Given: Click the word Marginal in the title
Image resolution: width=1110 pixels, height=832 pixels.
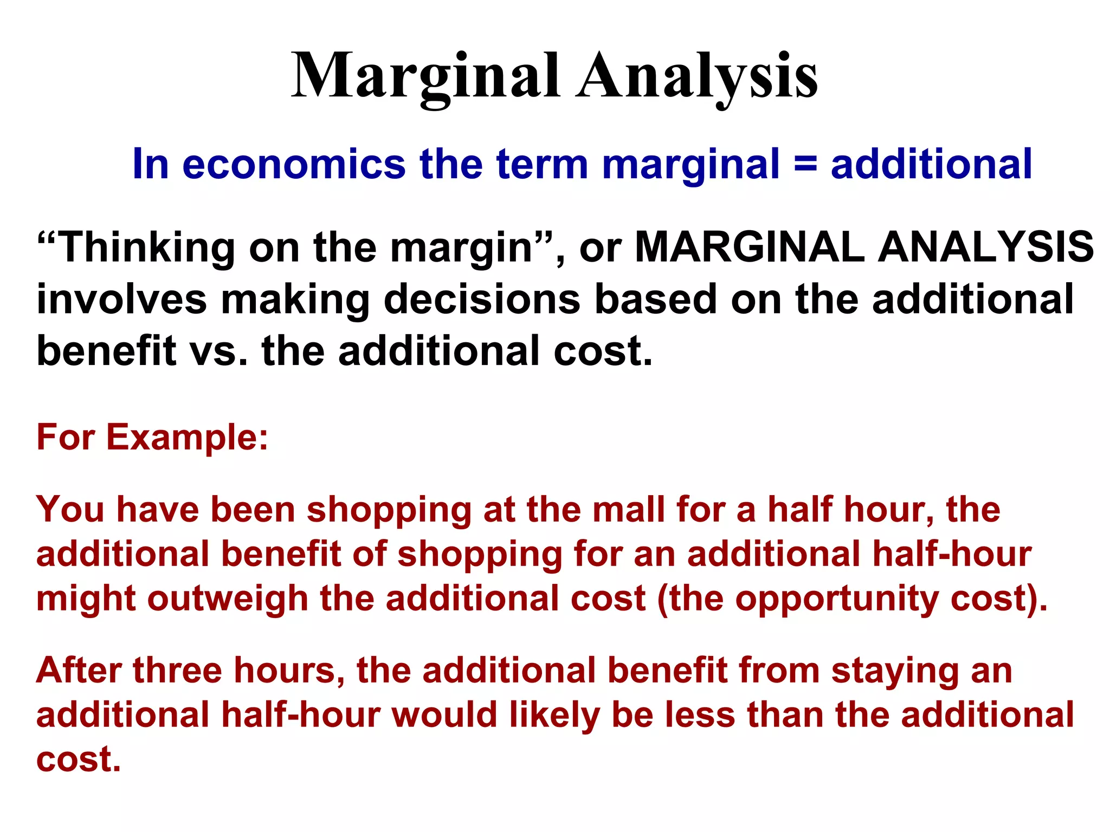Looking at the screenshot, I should click(x=425, y=76).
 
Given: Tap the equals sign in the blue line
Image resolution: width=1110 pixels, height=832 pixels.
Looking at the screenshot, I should click(x=805, y=164).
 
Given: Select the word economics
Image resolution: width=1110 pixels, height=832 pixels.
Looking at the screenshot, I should click(x=294, y=164).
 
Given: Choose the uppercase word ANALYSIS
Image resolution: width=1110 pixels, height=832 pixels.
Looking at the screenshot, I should click(x=986, y=248).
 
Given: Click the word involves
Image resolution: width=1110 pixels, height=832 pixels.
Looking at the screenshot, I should click(x=121, y=299).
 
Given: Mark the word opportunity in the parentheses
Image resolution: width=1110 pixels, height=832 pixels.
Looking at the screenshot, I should click(x=837, y=599).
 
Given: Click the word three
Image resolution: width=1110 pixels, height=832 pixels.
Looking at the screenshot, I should click(x=177, y=670).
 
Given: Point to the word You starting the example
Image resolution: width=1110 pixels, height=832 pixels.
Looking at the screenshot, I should click(x=70, y=510).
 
